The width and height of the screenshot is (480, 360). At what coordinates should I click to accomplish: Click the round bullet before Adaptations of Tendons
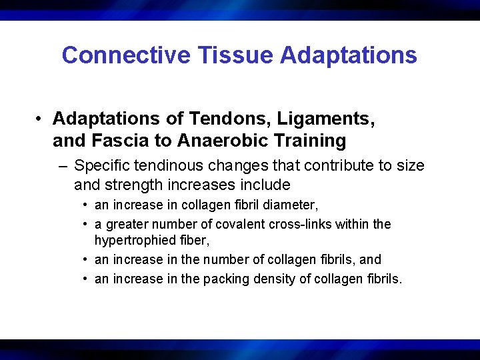41,119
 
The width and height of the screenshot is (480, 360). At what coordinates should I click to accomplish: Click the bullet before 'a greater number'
87,225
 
